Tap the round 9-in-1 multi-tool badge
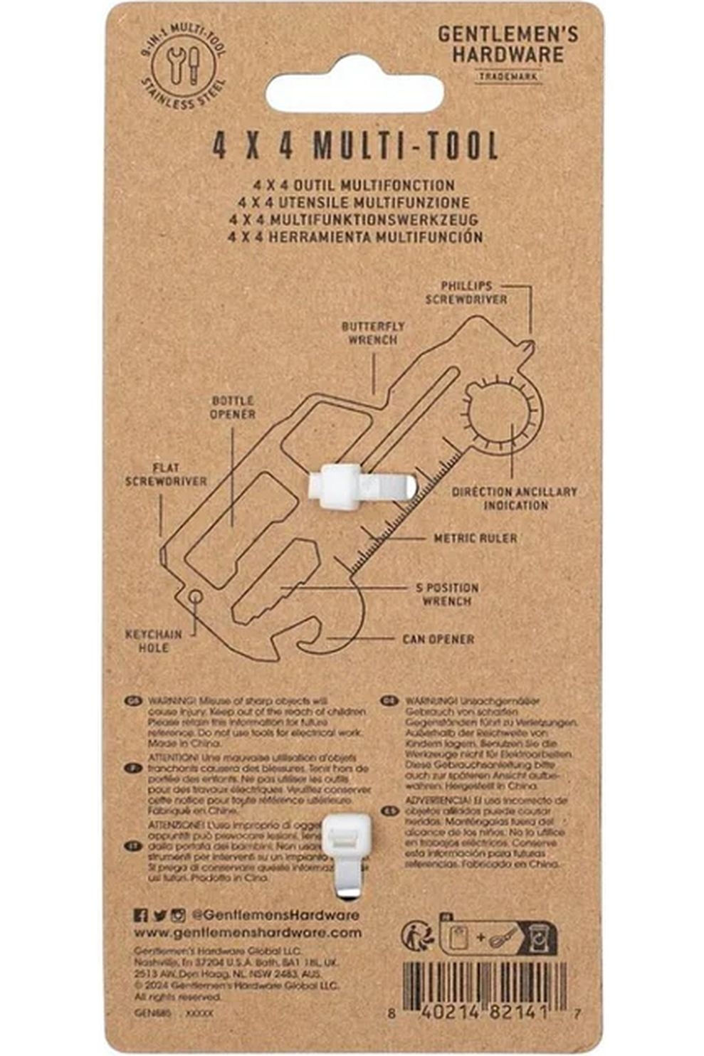coord(184,70)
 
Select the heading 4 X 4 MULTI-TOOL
coord(355,147)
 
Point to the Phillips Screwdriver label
coord(466,292)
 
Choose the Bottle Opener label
coord(233,407)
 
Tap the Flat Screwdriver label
coord(166,475)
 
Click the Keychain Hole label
coord(154,640)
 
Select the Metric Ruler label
coord(476,538)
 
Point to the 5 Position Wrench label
coord(447,594)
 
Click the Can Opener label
coord(438,639)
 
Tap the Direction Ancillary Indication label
coord(515,498)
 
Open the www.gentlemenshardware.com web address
coord(248,932)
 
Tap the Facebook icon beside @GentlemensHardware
coord(141,915)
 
